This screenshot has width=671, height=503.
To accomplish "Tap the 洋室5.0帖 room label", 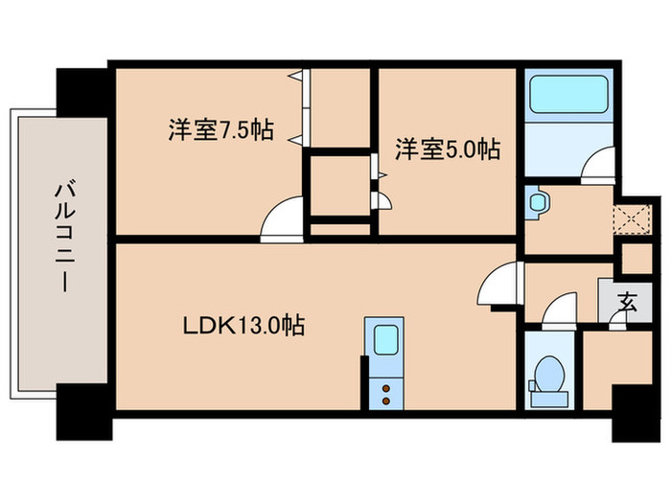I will tap(448, 149).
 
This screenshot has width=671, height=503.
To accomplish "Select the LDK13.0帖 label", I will tap(244, 326).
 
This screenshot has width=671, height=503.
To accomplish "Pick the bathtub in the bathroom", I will tap(567, 96).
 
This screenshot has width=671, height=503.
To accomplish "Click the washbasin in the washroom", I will tap(537, 201).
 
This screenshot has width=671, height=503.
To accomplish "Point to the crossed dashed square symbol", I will tap(631, 218).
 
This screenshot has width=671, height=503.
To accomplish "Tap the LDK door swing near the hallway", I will tap(500, 286).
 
